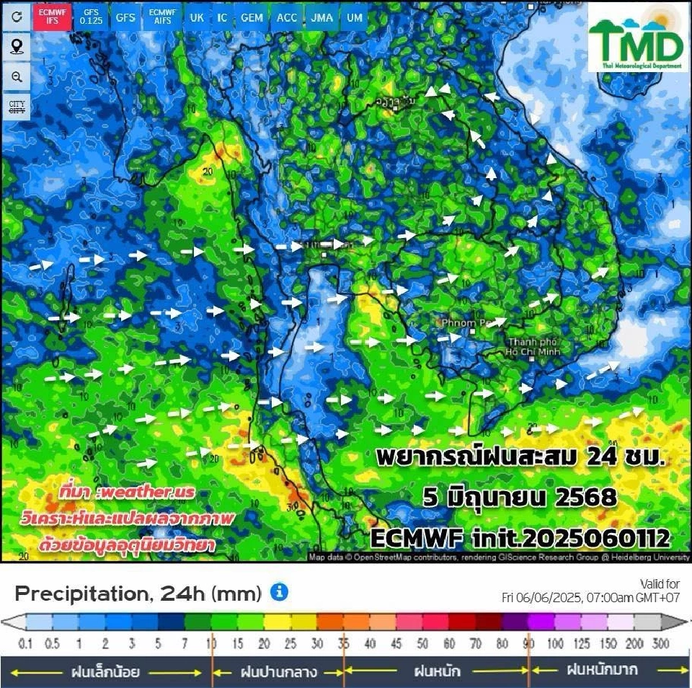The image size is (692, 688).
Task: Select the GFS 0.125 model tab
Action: point(91,17)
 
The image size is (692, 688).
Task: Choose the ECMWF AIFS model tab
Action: point(161,17)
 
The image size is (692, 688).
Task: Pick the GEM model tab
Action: point(252,17)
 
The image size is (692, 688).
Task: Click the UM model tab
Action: point(354,17)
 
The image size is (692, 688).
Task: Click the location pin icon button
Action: point(17,47)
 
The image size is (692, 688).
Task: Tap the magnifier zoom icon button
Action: point(17,77)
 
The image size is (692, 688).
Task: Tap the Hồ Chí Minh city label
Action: point(533,346)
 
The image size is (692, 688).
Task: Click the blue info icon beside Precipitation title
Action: point(279,592)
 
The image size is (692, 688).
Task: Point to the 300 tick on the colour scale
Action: point(660,644)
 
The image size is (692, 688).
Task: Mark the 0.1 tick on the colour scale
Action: point(25,644)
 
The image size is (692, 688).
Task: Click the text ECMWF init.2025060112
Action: point(520,537)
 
